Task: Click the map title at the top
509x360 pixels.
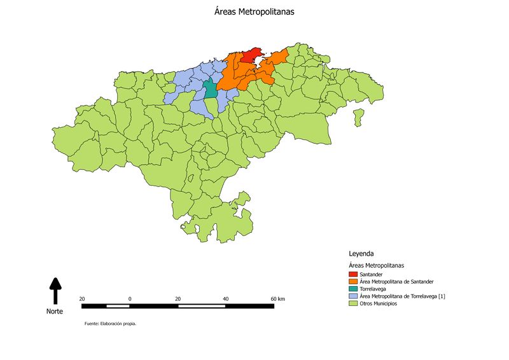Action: [x=254, y=11]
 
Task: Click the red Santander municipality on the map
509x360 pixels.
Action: [x=253, y=55]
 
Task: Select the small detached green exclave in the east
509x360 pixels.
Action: [x=358, y=116]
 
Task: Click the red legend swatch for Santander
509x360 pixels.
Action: [x=353, y=274]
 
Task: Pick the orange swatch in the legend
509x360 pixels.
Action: [x=353, y=281]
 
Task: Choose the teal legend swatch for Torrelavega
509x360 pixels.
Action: [x=353, y=289]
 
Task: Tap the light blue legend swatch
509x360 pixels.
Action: [x=353, y=296]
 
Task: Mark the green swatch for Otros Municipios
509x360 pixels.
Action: [x=353, y=303]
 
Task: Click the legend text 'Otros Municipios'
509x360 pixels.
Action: [x=379, y=303]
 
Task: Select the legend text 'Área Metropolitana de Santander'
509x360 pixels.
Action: [x=396, y=281]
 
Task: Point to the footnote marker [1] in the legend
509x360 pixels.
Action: [x=442, y=296]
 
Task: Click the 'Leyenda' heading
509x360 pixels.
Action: [x=361, y=253]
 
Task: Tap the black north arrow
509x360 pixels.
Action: [x=55, y=290]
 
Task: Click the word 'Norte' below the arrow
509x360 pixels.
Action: [x=55, y=311]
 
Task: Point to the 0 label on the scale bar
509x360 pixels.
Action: [x=130, y=299]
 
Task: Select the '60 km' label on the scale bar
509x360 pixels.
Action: [x=277, y=299]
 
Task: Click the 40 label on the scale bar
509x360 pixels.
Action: [x=226, y=299]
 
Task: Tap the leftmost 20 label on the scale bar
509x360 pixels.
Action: [x=82, y=299]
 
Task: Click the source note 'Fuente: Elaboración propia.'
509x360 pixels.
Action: [x=110, y=324]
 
